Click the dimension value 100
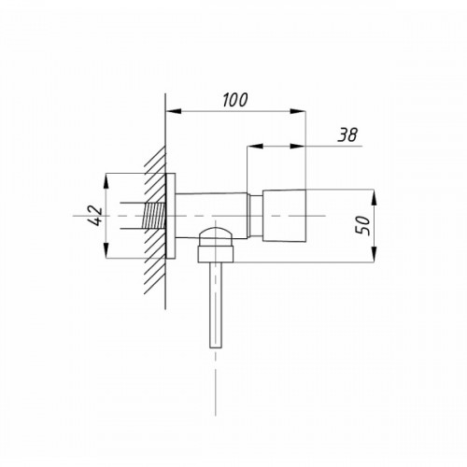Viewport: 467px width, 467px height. click(x=235, y=100)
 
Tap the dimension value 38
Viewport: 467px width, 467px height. click(x=347, y=134)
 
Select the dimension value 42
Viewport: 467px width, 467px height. click(x=96, y=216)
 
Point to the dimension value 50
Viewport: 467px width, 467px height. click(x=363, y=225)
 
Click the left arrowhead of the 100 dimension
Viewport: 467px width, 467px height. click(x=173, y=111)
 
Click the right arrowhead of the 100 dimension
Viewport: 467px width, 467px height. click(x=298, y=111)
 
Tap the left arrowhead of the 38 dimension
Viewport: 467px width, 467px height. click(x=255, y=146)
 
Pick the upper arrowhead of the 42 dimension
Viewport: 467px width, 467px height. click(x=106, y=181)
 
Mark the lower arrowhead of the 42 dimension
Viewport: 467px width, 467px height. click(x=106, y=250)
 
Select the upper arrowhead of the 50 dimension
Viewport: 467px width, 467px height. click(x=374, y=197)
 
